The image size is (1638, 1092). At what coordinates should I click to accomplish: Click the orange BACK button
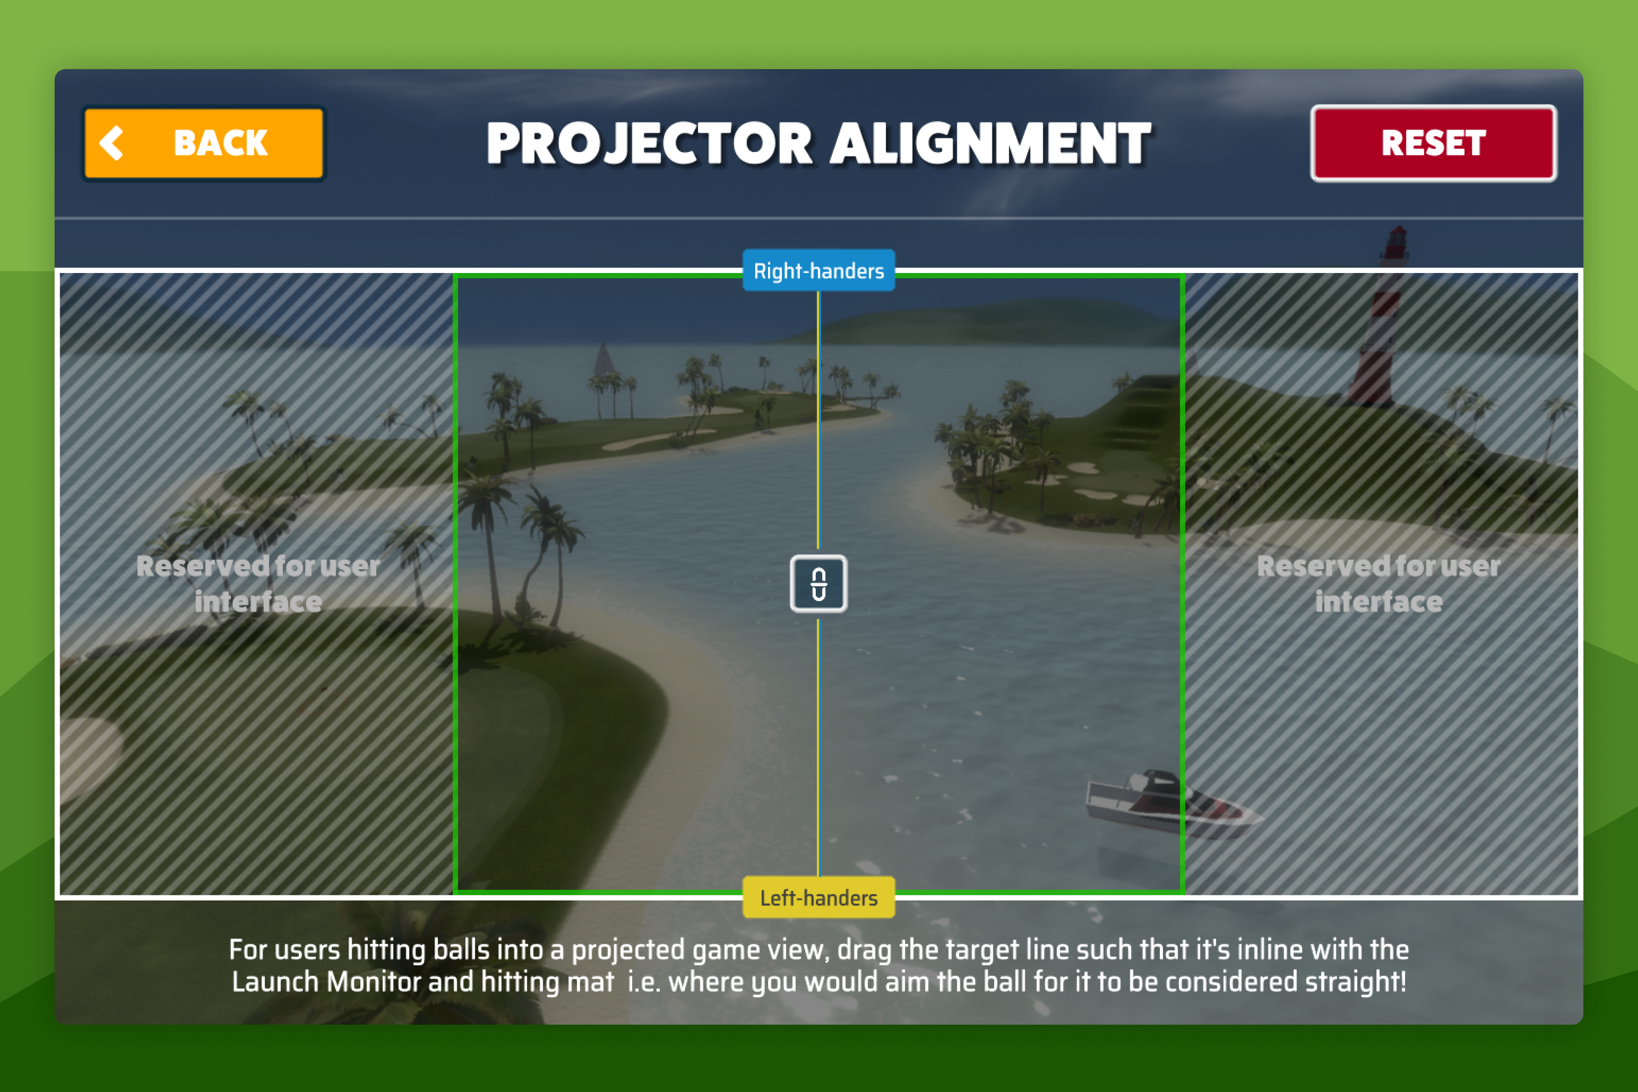coord(203,143)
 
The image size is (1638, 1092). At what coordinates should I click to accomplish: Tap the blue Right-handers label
coord(819,270)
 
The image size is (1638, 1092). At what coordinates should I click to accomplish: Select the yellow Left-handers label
coord(819,898)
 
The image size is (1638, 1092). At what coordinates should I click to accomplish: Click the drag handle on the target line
coord(819,584)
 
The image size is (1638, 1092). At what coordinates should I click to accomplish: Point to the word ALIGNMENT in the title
coord(991,143)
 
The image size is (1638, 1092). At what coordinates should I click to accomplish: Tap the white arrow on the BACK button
coord(111,143)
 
